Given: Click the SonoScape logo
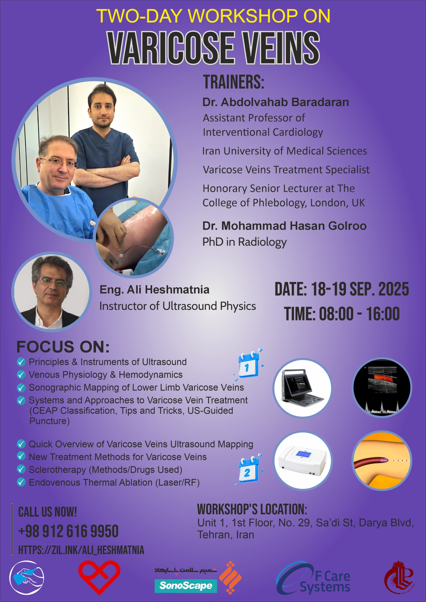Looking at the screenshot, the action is pos(186,586).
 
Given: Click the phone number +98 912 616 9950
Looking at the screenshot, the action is pos(68,531).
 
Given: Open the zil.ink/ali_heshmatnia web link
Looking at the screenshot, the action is pos(81,550).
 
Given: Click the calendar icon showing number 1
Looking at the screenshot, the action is pos(248,365).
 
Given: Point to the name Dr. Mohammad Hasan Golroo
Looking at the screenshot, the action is pos(284,226).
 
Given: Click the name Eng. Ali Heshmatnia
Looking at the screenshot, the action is pos(155,290).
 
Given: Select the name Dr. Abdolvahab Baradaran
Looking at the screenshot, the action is pos(276,102).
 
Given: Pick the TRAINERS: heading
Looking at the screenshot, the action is pos(234,82).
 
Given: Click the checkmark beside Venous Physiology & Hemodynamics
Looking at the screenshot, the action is pos(21,374).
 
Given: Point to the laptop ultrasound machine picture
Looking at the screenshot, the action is pos(303,388).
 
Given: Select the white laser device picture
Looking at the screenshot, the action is pos(303,461).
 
